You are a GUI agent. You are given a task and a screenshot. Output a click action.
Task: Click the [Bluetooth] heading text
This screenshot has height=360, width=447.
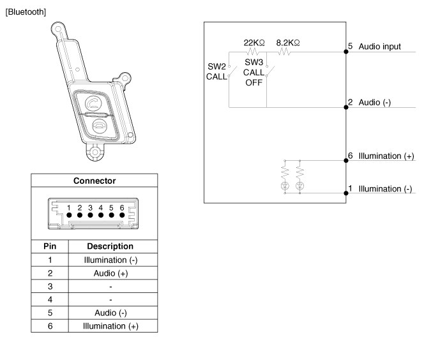pos(26,12)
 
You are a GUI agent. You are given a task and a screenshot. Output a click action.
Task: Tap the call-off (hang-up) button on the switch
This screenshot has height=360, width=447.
pos(100,125)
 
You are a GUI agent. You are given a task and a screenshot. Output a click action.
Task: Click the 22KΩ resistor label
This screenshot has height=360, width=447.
pos(254,43)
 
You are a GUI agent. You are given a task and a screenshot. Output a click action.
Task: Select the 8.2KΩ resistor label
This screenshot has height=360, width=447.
pos(288,43)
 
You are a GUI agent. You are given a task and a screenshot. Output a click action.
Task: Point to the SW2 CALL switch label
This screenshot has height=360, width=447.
pos(216,71)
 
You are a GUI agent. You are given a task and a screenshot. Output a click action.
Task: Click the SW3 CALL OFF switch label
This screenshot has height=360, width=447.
pos(254,72)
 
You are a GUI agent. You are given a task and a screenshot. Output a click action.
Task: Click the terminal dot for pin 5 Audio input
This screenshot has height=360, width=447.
pos(346,52)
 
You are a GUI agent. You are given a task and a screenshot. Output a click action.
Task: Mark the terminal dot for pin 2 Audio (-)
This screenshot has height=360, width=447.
pos(346,107)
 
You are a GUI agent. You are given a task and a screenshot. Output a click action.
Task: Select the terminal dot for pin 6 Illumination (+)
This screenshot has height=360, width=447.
pos(346,161)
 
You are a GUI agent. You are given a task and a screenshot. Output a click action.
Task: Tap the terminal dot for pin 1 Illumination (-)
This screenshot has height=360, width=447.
pos(346,193)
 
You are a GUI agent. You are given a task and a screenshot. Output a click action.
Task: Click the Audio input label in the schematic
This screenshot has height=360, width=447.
pos(379,47)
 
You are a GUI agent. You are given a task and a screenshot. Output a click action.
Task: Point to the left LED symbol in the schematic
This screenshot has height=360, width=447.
pos(285,186)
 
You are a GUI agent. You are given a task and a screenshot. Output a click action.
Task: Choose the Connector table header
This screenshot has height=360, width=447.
pos(95,181)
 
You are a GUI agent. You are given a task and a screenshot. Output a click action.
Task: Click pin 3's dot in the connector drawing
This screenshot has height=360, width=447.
pos(91,215)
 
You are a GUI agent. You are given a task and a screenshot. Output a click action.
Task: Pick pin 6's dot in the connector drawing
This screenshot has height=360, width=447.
pos(122,215)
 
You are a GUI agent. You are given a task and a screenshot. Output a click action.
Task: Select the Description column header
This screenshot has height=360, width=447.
pos(110,246)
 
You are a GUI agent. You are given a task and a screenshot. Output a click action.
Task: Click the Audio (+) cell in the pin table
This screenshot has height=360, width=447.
pos(110,273)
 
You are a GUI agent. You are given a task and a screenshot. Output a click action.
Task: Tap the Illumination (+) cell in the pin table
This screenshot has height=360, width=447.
pos(110,326)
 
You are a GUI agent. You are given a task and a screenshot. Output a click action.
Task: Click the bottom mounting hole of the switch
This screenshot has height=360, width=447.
pos(95,152)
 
